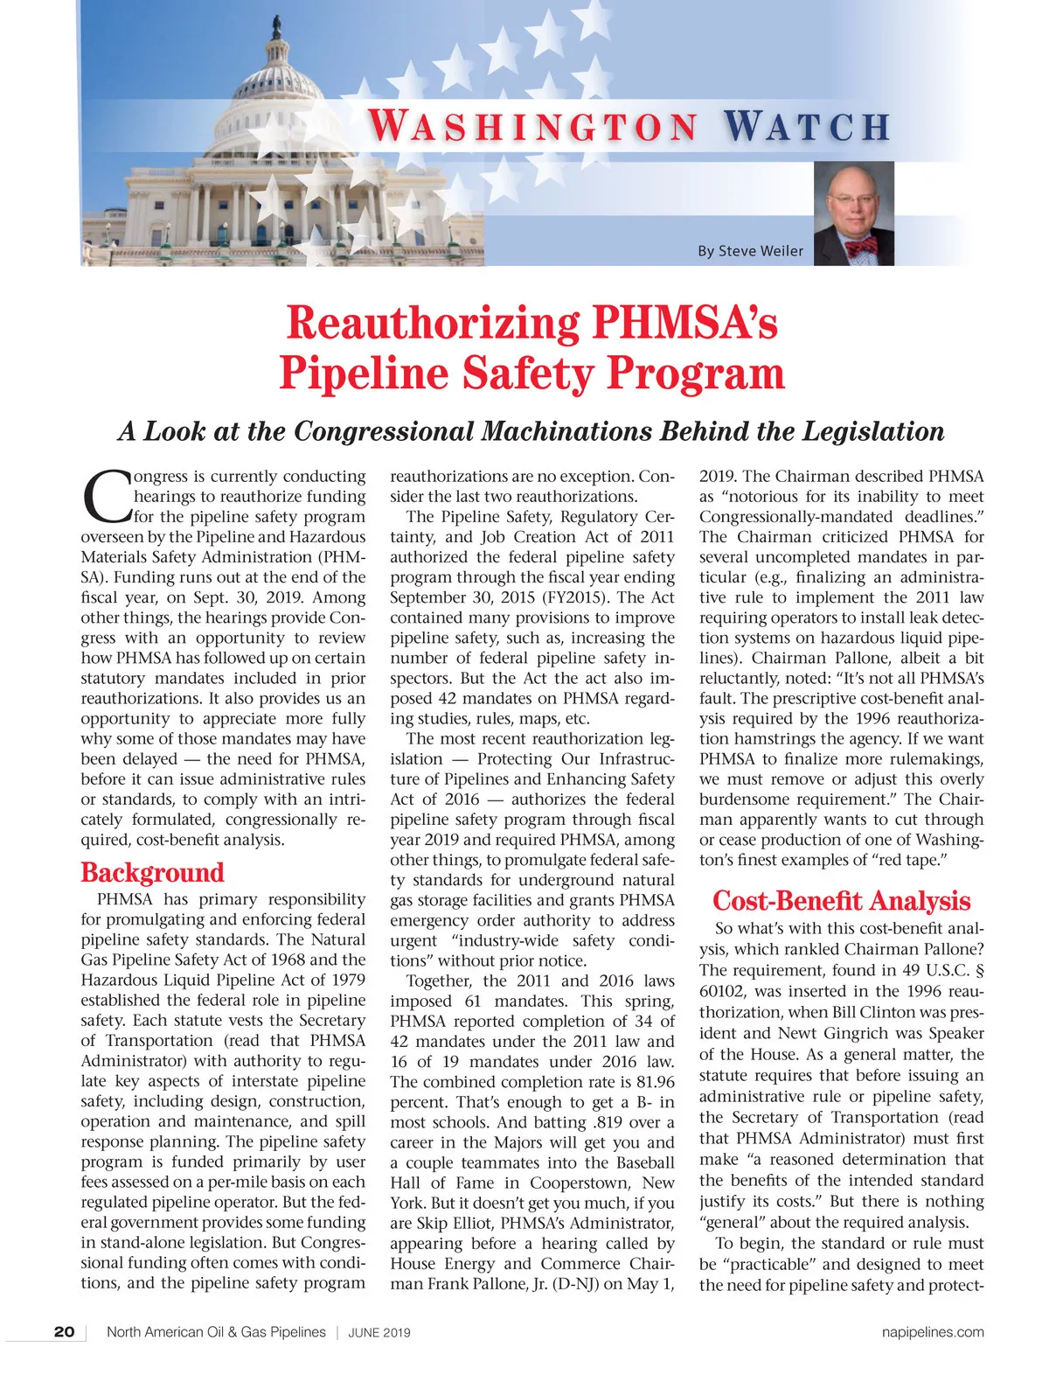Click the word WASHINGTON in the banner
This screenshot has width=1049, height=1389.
pos(533,125)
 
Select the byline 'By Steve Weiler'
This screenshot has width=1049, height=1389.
pos(750,251)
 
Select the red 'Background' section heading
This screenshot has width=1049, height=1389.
pos(152,872)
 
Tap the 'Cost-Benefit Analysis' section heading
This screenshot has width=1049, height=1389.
pos(842,901)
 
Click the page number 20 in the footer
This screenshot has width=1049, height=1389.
pos(64,1332)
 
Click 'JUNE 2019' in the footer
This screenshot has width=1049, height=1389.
pos(379,1333)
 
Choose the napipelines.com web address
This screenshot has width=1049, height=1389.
pos(933,1332)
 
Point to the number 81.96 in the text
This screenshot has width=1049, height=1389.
pos(653,1082)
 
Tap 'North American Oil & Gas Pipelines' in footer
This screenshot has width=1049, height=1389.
pos(216,1332)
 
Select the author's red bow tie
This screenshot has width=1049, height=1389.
pos(860,248)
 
